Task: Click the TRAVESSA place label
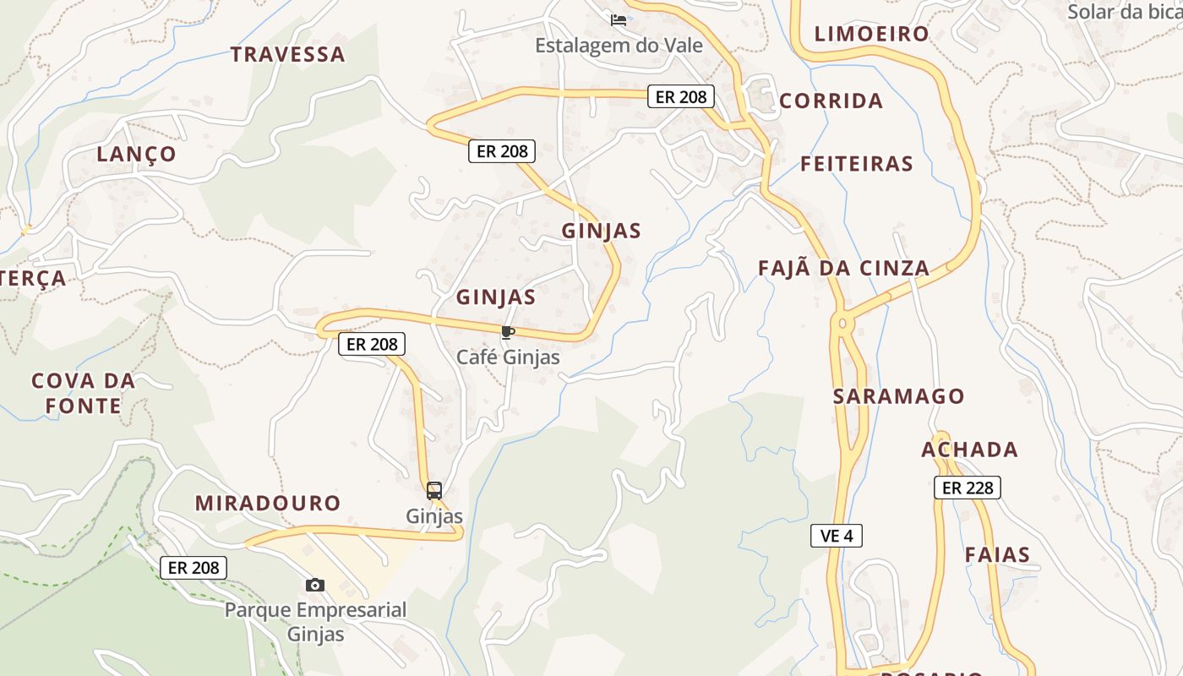pos(288,55)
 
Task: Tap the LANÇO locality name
pos(136,155)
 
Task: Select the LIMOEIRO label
pos(871,35)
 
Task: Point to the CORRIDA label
pos(831,101)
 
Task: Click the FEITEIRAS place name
pos(857,164)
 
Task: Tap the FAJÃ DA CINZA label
pos(843,269)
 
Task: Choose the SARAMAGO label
pos(898,396)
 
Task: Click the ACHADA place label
pos(969,450)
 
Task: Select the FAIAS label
pos(997,555)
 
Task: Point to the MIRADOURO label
pos(268,504)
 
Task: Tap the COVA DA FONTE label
pos(84,393)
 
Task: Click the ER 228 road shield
pos(967,488)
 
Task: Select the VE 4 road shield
pos(836,535)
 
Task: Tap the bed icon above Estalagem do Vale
pos(619,20)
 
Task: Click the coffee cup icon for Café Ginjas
pos(508,332)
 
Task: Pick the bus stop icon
pos(434,491)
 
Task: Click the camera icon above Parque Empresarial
pos(315,585)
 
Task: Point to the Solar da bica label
pos(1124,12)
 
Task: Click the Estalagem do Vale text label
pos(619,46)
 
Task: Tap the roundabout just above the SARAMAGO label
pos(842,322)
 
